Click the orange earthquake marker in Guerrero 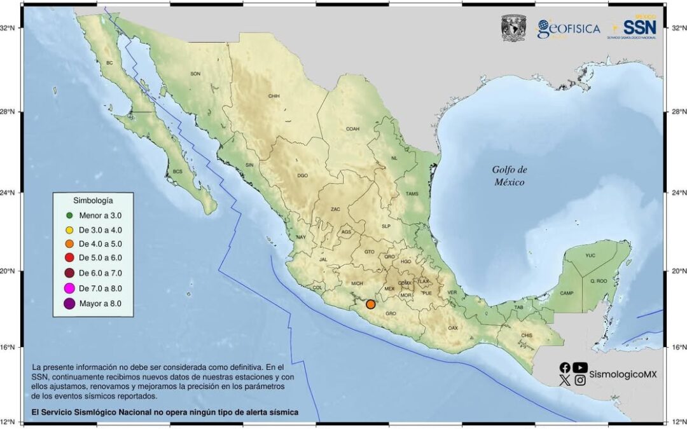pyautogui.click(x=371, y=304)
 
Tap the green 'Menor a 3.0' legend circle pyautogui.click(x=70, y=216)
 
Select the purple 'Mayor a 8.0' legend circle pyautogui.click(x=70, y=304)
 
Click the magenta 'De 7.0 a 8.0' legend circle pyautogui.click(x=70, y=289)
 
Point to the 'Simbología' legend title pyautogui.click(x=93, y=200)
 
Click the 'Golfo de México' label pyautogui.click(x=510, y=175)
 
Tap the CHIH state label pyautogui.click(x=274, y=97)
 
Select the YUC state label pyautogui.click(x=590, y=255)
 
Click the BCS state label pyautogui.click(x=177, y=172)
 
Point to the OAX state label pyautogui.click(x=453, y=328)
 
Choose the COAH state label pyautogui.click(x=352, y=128)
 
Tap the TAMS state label pyautogui.click(x=412, y=194)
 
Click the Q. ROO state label pyautogui.click(x=599, y=281)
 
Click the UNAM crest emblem pyautogui.click(x=514, y=28)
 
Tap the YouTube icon pyautogui.click(x=580, y=367)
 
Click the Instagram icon pyautogui.click(x=580, y=380)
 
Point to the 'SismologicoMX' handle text pyautogui.click(x=623, y=374)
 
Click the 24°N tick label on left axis pyautogui.click(x=12, y=192)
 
